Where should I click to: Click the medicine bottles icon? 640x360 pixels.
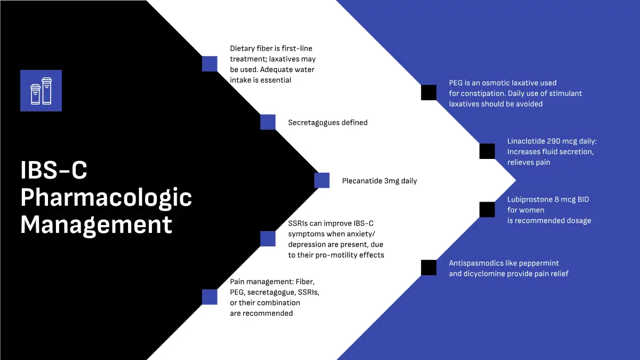coord(41,91)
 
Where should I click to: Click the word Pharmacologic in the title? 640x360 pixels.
coord(106,198)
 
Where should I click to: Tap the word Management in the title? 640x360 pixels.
coord(96,225)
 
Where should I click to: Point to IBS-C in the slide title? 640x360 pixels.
coord(53,171)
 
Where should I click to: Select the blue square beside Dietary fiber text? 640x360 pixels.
coord(210,64)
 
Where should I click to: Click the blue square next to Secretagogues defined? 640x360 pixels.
coord(268,122)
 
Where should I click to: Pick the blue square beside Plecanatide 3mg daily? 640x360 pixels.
coord(322,181)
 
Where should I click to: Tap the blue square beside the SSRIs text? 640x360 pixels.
coord(268,238)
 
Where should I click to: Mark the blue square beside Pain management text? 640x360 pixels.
coord(210,297)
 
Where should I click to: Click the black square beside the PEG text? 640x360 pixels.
coord(429,93)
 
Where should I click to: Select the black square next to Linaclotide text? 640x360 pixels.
coord(487,151)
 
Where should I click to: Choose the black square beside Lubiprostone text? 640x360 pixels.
coord(487,210)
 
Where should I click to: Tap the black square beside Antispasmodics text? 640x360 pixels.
coord(429,268)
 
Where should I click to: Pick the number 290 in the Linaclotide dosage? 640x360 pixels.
coord(555,141)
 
